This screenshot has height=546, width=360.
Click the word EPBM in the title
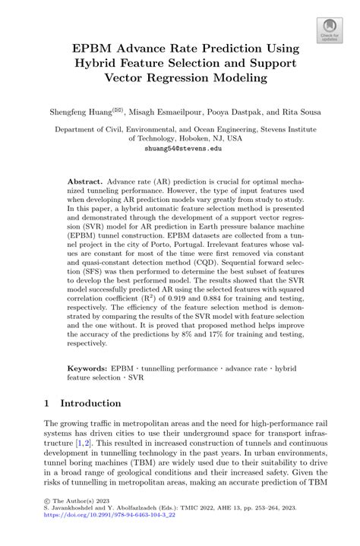coord(95,48)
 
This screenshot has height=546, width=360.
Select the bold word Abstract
coord(86,184)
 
